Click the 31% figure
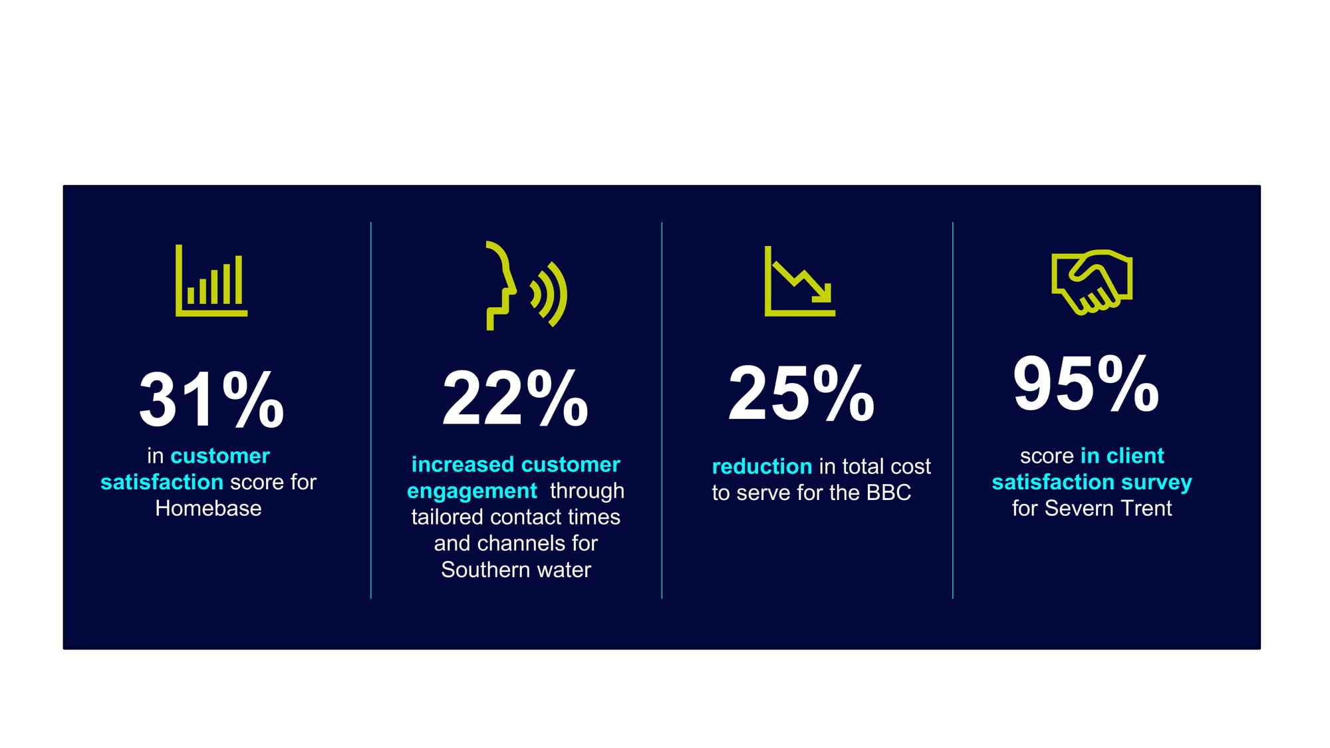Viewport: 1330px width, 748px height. (x=211, y=400)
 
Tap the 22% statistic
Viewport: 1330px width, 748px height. (x=515, y=398)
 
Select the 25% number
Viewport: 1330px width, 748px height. (x=801, y=393)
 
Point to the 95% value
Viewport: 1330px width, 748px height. (x=1086, y=384)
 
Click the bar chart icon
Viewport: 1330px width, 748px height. (x=211, y=280)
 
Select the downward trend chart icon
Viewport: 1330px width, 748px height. (x=800, y=281)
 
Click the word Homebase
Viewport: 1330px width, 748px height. (x=208, y=509)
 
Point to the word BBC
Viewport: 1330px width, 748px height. (x=888, y=493)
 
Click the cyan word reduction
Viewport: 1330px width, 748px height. (x=762, y=467)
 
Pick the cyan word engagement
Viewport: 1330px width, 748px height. (x=472, y=491)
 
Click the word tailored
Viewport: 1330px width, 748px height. (x=447, y=517)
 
